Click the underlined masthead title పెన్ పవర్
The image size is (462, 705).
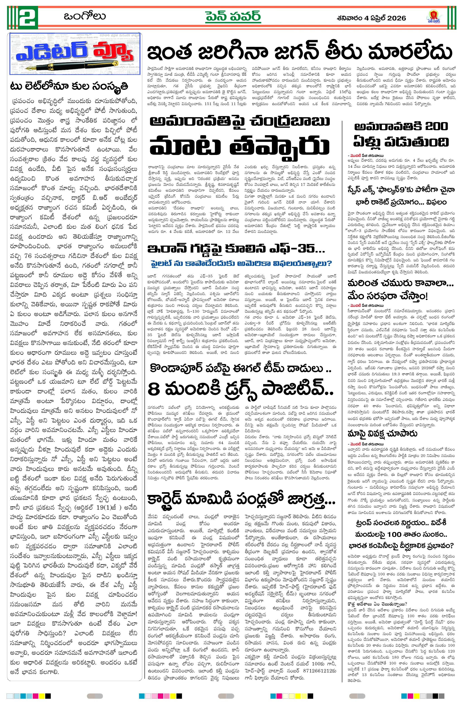pos(233,16)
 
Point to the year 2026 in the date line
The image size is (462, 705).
pos(395,18)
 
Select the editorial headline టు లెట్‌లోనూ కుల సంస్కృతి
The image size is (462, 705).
pos(69,86)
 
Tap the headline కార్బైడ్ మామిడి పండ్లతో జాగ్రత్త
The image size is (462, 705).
pos(241,500)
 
